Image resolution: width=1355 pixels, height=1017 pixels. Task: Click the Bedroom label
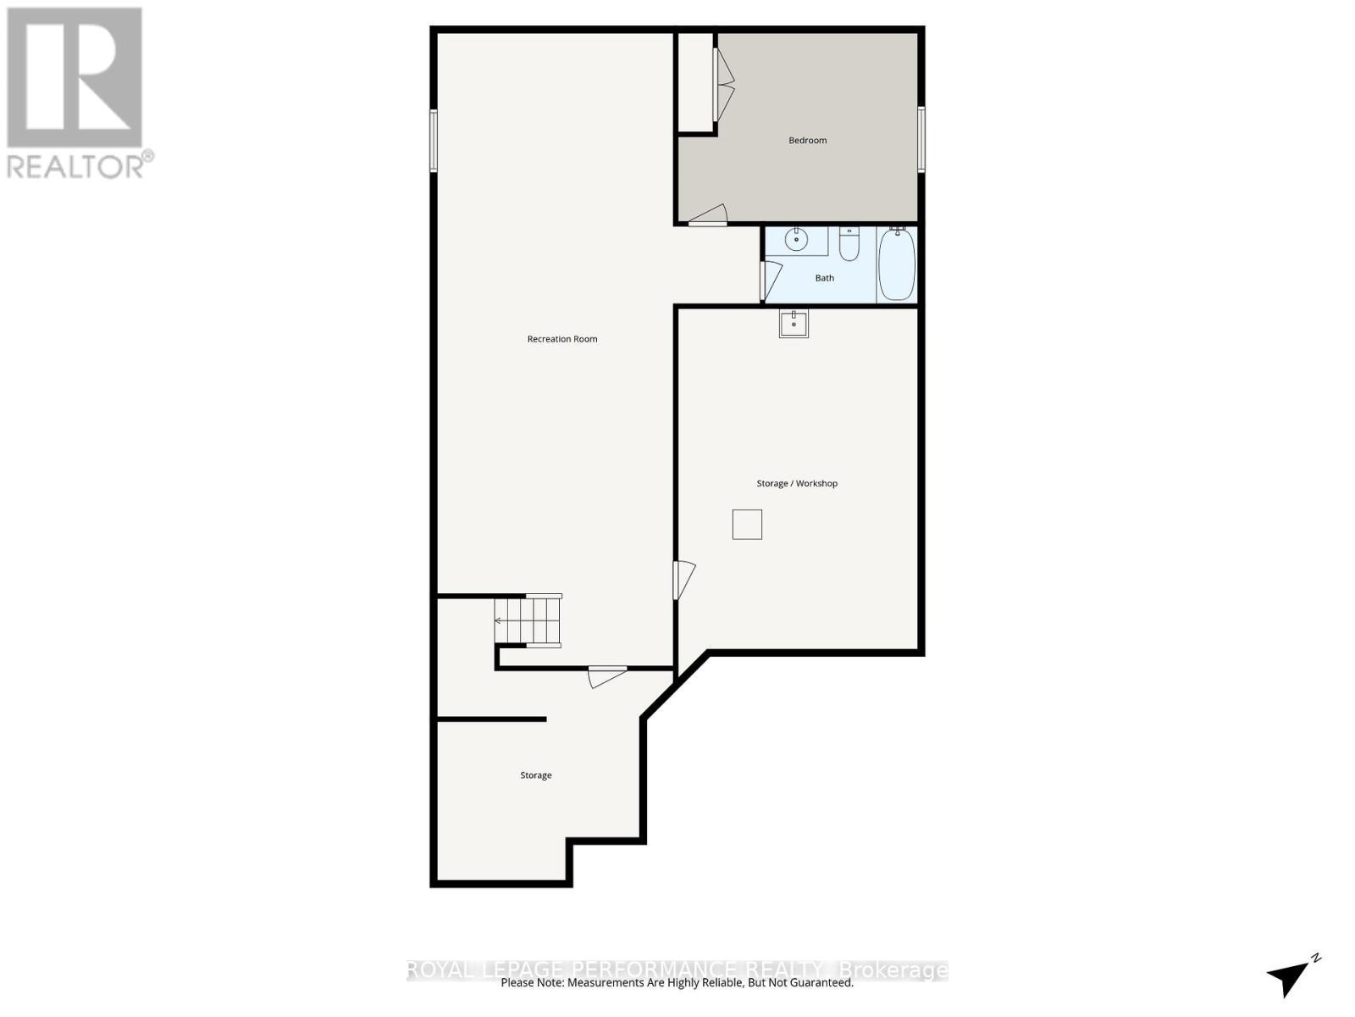807,141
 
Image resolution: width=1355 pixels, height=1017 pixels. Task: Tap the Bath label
824,278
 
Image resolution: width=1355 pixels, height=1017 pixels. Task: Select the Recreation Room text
562,339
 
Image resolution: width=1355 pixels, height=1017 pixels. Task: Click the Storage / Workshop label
797,484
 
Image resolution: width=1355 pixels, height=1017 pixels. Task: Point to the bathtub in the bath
897,264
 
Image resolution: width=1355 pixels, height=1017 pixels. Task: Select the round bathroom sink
797,241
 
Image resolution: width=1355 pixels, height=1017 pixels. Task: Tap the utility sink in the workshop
794,324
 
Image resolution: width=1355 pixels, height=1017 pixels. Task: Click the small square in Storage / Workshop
747,525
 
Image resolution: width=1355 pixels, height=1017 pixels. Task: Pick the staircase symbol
529,621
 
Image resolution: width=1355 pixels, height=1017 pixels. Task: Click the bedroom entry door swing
709,215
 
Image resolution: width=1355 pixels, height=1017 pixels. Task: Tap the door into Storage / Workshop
683,580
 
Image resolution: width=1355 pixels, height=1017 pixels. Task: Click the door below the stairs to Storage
607,676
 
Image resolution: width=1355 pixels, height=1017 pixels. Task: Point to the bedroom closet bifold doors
724,83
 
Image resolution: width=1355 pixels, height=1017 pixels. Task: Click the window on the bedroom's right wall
921,139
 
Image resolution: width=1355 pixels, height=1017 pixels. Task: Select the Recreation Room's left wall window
433,141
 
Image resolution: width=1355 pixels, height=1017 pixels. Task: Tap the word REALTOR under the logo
75,166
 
